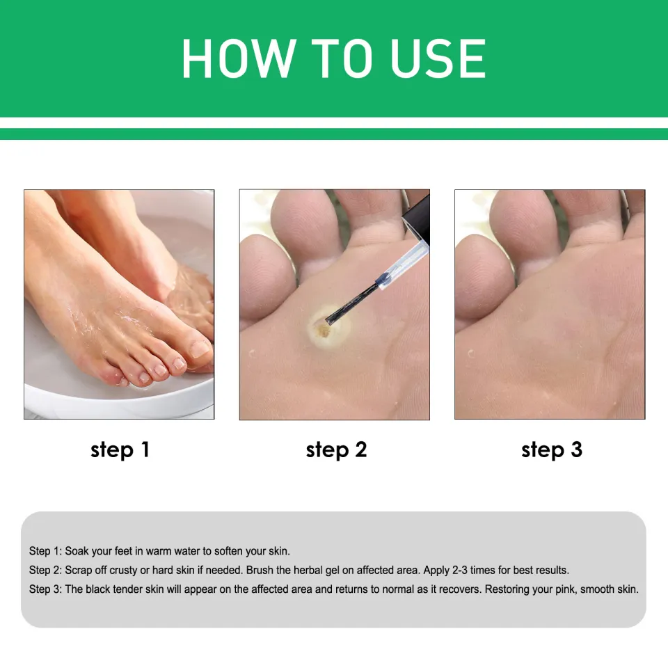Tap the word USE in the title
[x=438, y=59]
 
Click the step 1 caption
[x=120, y=450]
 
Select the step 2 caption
[x=336, y=450]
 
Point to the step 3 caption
[x=552, y=450]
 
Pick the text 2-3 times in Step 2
[x=474, y=570]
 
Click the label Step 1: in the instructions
[x=45, y=551]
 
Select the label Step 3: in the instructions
[x=45, y=589]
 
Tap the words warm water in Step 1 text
[x=172, y=551]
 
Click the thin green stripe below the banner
[x=334, y=134]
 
